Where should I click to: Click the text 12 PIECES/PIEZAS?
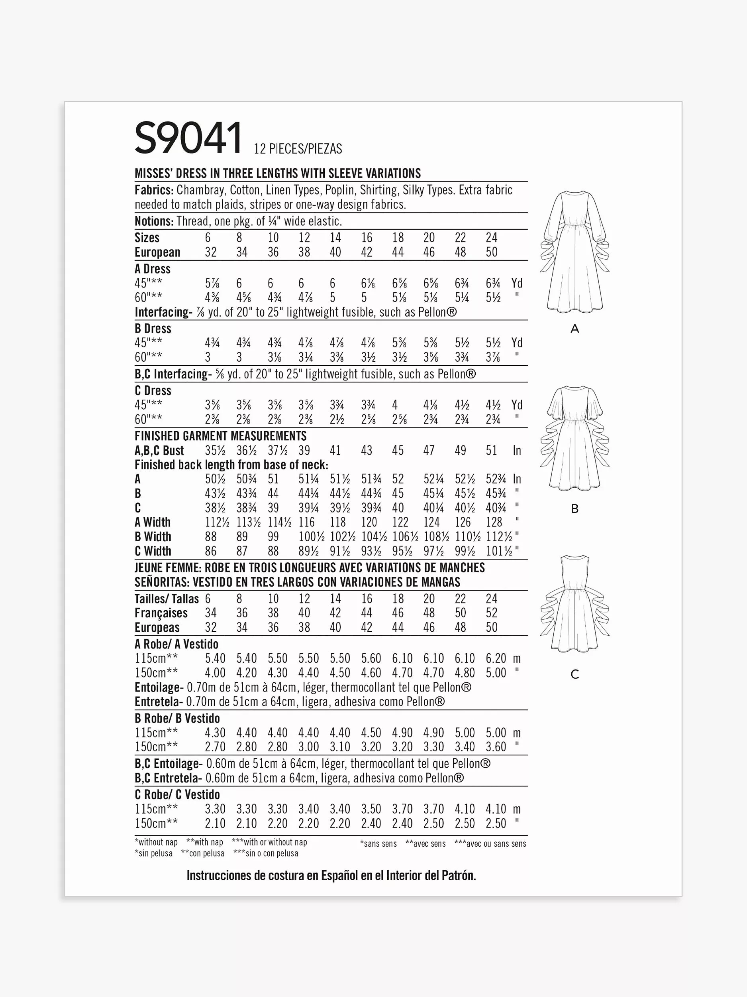(x=298, y=149)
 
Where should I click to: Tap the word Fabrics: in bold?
(x=154, y=190)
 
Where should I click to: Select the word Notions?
(x=154, y=221)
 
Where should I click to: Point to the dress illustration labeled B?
(x=574, y=437)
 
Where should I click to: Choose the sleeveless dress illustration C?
(x=574, y=604)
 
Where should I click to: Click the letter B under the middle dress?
(x=574, y=509)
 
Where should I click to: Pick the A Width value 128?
(x=494, y=522)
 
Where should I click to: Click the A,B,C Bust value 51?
(x=491, y=451)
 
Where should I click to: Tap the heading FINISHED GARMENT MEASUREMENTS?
(x=221, y=436)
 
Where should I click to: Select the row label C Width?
(x=153, y=551)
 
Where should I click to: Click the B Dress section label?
(x=153, y=329)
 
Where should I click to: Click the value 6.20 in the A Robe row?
(x=496, y=658)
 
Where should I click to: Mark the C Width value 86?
(x=211, y=551)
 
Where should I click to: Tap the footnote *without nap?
(x=156, y=842)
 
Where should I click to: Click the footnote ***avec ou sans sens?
(x=490, y=844)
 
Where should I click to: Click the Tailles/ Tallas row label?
(x=167, y=599)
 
